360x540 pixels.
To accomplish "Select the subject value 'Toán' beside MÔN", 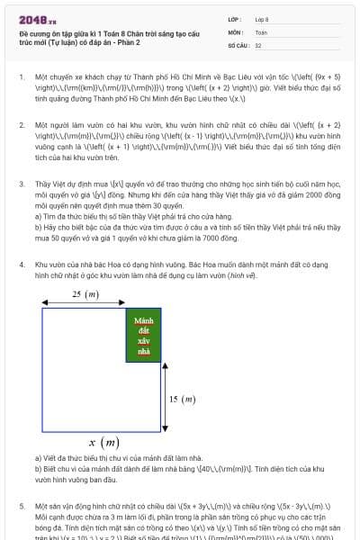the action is [261, 31].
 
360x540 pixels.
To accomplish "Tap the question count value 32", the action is [258, 44].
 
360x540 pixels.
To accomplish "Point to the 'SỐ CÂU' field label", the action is [238, 44].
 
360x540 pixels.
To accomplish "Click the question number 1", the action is [21, 78].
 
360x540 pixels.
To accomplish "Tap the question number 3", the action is [21, 183].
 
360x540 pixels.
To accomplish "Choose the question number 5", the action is [21, 507].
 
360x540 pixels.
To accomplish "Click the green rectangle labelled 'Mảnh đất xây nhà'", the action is [142, 337].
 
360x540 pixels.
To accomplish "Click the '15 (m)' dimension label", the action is [182, 399].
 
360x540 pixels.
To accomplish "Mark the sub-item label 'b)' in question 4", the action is [38, 468].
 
